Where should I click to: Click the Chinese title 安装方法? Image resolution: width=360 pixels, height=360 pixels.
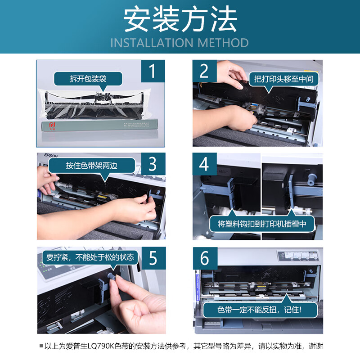pos(180,20)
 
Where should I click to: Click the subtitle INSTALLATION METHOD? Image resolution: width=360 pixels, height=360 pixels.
pos(180,43)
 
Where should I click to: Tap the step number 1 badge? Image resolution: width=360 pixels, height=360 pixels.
pos(153,72)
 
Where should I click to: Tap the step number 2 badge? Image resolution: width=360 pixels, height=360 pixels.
pos(205,72)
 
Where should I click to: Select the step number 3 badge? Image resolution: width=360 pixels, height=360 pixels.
pos(153,164)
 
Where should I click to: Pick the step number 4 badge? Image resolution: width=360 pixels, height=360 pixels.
pos(205,164)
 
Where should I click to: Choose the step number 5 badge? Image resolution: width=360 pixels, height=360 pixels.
pos(153,258)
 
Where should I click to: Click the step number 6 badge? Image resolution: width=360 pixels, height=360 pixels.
pos(205,258)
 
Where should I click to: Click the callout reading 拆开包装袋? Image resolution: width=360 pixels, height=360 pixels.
pos(88,79)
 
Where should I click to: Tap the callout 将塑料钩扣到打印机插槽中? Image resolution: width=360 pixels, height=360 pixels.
pos(262,224)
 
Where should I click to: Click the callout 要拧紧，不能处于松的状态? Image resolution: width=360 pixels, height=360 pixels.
pos(90,258)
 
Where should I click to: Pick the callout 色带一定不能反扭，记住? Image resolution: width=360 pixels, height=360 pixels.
pos(261,310)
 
